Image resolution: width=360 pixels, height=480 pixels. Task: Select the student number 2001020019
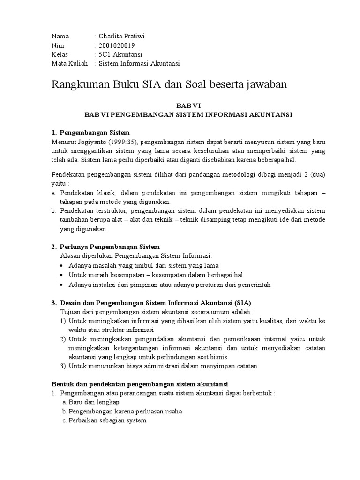pos(117,45)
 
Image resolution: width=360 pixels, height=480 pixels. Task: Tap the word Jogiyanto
pos(92,142)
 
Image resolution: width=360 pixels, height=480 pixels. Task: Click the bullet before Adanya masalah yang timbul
pos(63,265)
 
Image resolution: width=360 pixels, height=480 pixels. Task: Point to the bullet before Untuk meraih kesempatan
pos(63,275)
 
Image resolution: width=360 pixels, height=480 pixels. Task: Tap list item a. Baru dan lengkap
pos(91,402)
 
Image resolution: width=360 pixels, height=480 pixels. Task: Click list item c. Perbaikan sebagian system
pos(104,420)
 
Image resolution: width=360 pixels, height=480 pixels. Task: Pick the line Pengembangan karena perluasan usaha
pos(125,411)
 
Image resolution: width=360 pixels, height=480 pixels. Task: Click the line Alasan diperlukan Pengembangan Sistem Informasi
pos(136,255)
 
